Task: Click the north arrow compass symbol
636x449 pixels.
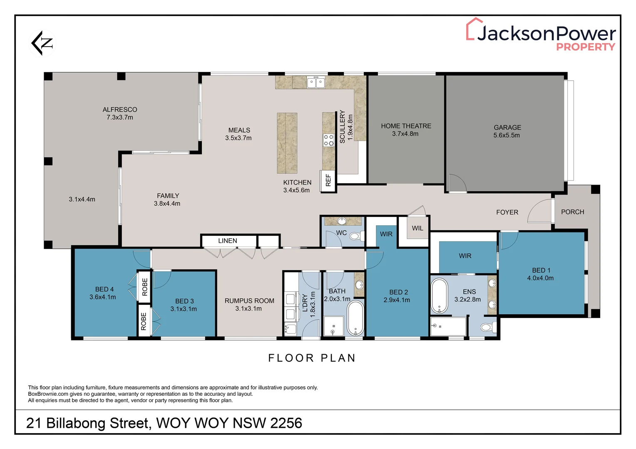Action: [x=42, y=43]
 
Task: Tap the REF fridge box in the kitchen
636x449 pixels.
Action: [x=328, y=180]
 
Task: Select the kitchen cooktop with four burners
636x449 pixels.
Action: [x=328, y=140]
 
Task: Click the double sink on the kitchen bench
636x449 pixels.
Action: [x=316, y=83]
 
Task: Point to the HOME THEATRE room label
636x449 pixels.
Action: [x=406, y=126]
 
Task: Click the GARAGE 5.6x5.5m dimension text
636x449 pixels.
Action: [x=507, y=135]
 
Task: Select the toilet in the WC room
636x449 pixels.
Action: [x=357, y=236]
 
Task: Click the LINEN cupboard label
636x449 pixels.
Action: [x=228, y=241]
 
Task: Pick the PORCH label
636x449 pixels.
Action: [x=573, y=212]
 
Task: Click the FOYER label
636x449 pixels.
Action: [x=507, y=212]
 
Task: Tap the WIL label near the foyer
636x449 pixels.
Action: [x=417, y=228]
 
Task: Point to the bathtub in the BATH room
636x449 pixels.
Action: [x=355, y=318]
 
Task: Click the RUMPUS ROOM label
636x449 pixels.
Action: [x=250, y=301]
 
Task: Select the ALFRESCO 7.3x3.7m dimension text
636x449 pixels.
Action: [x=120, y=117]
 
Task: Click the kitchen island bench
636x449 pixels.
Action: [x=287, y=143]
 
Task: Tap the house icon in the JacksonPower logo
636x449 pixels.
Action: [x=475, y=29]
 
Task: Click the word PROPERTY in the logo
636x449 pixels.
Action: [x=586, y=47]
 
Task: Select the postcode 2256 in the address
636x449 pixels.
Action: [x=286, y=423]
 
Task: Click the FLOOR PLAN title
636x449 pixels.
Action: [x=312, y=358]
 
